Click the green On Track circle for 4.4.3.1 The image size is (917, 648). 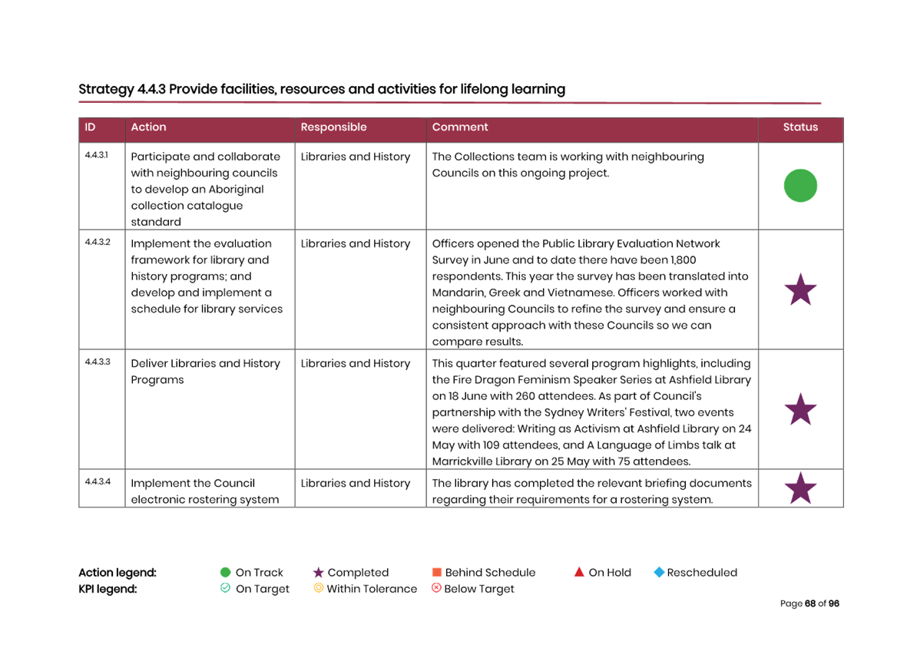coord(800,186)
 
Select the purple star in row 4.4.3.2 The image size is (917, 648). coord(800,290)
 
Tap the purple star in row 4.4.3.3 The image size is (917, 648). coord(800,410)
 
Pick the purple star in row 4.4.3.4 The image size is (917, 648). coord(800,489)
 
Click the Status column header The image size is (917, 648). coord(800,127)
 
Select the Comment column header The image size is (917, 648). coord(460,127)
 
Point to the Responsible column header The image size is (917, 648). coord(333,127)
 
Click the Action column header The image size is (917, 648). coord(148,127)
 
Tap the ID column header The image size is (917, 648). coord(90,127)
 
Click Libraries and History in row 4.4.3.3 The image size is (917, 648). coord(356,364)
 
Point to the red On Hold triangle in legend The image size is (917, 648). coord(579,572)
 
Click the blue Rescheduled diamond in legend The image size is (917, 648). coord(658,573)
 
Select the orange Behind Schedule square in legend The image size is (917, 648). coord(437,573)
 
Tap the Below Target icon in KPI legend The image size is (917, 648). coord(436,589)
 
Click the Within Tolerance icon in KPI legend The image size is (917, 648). coord(318,589)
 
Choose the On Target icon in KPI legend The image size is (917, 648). coord(225,589)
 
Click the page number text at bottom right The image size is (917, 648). coord(809,604)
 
